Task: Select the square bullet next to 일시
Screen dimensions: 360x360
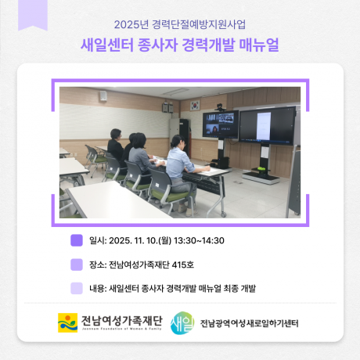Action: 77,241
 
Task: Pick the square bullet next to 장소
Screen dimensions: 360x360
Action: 77,265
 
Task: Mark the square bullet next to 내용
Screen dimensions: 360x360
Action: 77,288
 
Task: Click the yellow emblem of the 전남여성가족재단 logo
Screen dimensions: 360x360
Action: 67,322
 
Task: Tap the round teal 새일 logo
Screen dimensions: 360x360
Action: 182,322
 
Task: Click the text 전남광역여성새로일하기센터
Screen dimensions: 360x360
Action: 249,323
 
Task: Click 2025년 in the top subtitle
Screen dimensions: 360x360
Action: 131,23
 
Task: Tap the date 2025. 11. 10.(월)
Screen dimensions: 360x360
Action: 134,241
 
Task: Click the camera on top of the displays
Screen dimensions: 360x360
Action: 220,107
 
